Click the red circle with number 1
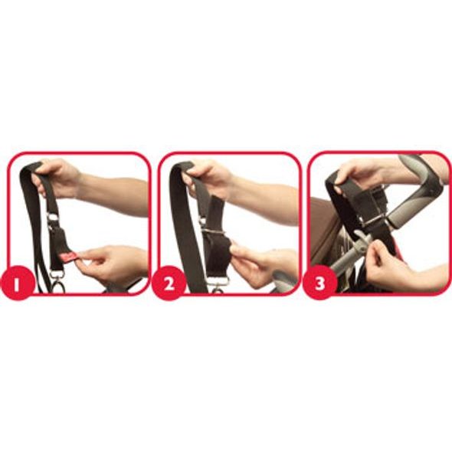click(x=18, y=283)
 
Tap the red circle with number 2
click(x=169, y=283)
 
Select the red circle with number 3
click(x=320, y=283)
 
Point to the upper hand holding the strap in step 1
click(x=57, y=177)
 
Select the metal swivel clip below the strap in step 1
click(x=57, y=281)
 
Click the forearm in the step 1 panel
click(x=116, y=196)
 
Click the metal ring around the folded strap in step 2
click(x=213, y=231)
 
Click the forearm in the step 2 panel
click(x=265, y=201)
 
